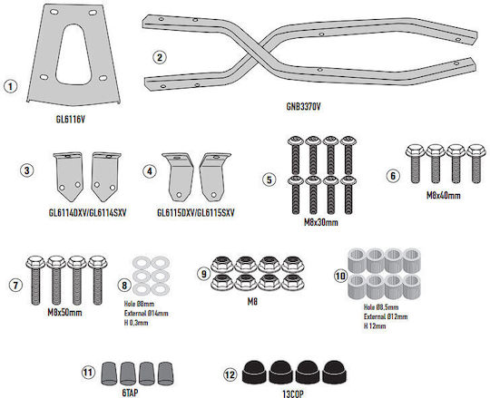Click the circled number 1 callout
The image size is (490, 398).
pos(10,86)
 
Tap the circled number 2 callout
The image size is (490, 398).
pos(160,57)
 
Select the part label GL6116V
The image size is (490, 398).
pos(70,120)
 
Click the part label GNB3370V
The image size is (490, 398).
pos(303,106)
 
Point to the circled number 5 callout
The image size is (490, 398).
pos(269,180)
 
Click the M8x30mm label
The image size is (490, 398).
pos(321,222)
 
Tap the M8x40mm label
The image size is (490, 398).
pos(444,196)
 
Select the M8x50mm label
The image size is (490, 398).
pos(64,312)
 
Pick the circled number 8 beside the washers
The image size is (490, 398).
pos(124,285)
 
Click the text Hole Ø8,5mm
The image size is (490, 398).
pos(381,307)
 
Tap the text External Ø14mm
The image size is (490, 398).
pos(146,313)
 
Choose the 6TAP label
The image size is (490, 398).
pos(130,393)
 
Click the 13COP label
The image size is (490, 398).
pos(293,394)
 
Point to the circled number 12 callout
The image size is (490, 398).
pos(230,374)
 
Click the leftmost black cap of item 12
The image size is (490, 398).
pos(254,373)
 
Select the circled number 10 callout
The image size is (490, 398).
pos(340,276)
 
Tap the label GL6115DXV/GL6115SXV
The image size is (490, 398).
pos(196,213)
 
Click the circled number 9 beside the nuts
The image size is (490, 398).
pos(204,274)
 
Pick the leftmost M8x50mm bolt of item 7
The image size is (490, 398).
pos(36,280)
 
